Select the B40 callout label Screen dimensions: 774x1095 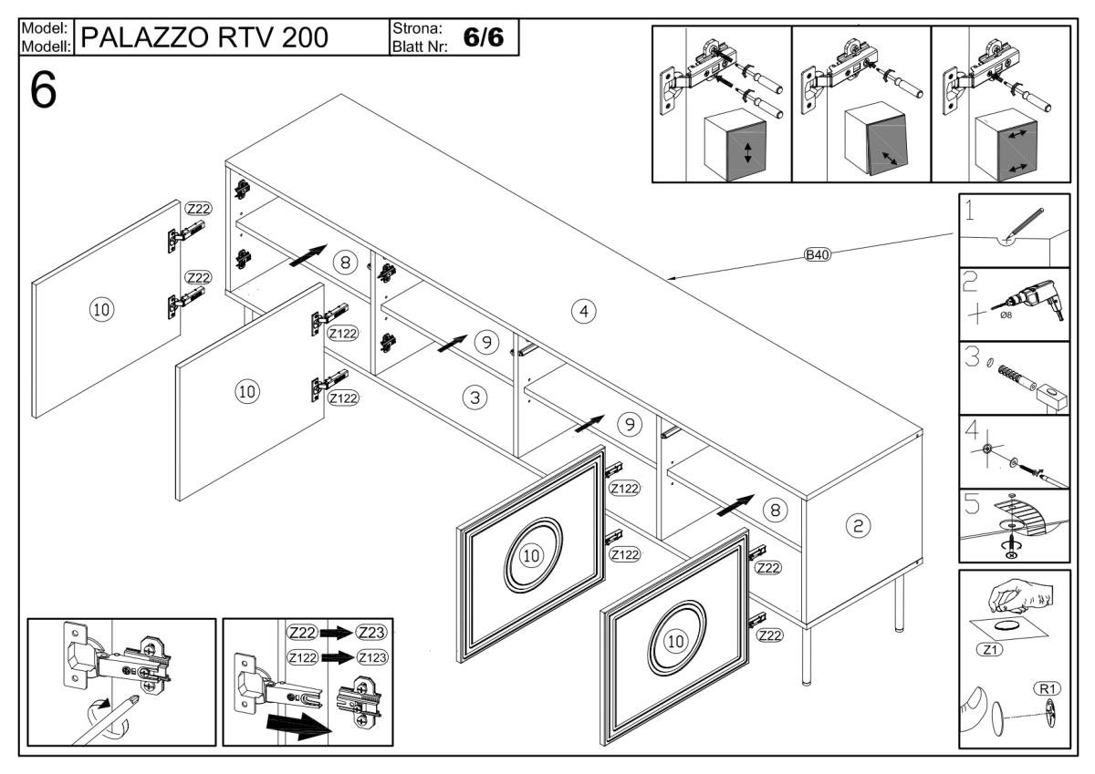[x=817, y=254]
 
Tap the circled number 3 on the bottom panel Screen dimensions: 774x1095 [x=474, y=397]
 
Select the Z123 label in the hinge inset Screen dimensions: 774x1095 [x=372, y=656]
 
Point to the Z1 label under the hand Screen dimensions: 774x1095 [x=990, y=650]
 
